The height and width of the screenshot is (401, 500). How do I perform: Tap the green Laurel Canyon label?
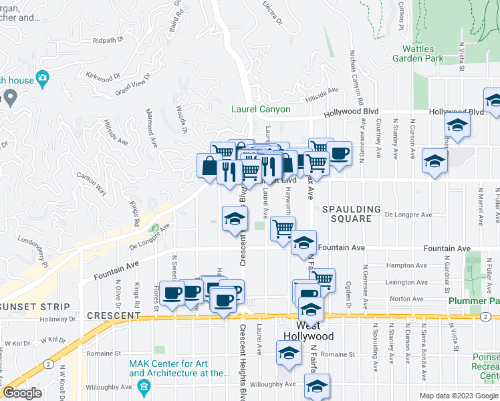point(261,109)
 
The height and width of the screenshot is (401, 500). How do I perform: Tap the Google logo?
point(21,392)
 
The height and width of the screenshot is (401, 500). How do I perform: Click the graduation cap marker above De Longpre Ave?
point(235,219)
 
